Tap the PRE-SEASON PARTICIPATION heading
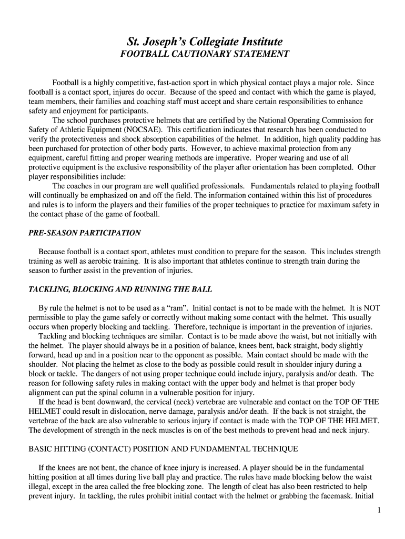[84, 232]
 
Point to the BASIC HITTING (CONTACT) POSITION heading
[163, 449]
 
